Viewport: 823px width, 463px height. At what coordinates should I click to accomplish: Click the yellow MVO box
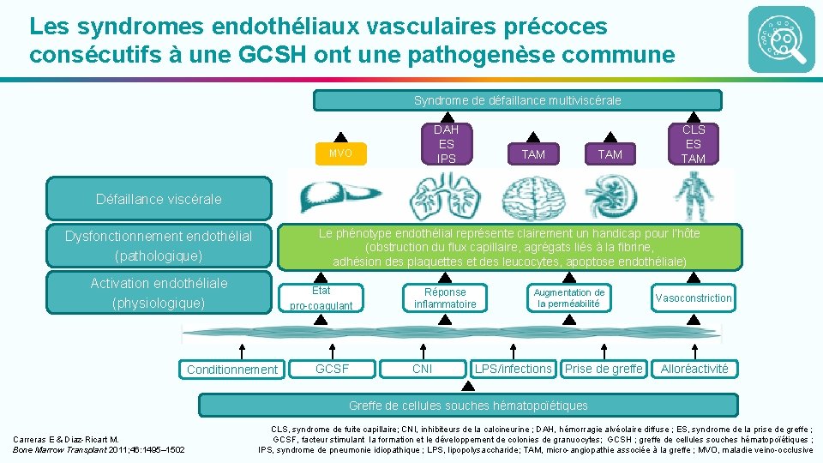[340, 153]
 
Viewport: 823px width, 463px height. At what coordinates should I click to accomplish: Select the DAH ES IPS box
[447, 144]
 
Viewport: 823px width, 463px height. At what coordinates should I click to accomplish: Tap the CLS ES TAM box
[693, 144]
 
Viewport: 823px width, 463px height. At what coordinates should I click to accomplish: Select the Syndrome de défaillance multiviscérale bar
[517, 100]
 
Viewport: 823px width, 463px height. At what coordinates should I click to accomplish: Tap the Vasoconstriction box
[693, 298]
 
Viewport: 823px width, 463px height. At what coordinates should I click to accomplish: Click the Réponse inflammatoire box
[445, 298]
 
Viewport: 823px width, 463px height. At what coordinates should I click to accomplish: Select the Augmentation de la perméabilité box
[569, 298]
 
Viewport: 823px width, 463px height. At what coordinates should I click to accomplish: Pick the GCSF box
[332, 369]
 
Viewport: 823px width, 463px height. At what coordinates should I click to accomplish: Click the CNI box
[422, 369]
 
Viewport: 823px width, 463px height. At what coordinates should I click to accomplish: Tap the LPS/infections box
[514, 369]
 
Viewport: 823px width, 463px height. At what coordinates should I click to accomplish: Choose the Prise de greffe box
[604, 370]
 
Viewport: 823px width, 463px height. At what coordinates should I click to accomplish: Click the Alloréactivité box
[694, 369]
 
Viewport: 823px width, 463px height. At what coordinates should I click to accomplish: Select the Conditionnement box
[232, 370]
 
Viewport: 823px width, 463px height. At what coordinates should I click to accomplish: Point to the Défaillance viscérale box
[159, 199]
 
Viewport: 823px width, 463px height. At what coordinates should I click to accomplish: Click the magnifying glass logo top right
[782, 39]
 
